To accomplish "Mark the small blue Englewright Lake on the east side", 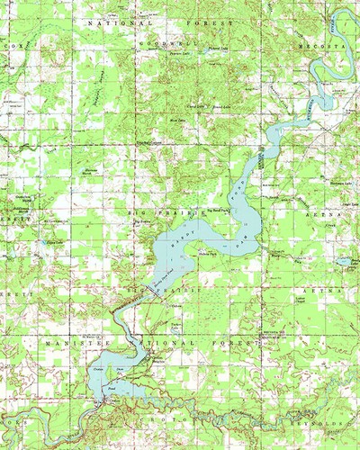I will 343,262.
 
